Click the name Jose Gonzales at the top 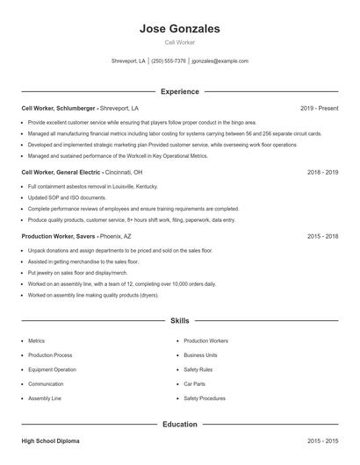point(180,29)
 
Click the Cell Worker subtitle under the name point(180,42)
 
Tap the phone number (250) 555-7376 point(169,61)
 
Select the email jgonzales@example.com point(220,61)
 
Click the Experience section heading point(180,91)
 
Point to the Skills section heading point(180,321)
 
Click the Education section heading point(180,425)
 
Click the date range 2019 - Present point(319,109)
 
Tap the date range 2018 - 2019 point(322,173)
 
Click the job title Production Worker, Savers point(58,237)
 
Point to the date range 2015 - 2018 point(322,237)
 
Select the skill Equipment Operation point(52,369)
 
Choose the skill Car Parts point(196,383)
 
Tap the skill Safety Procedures point(205,398)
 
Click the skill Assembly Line point(45,398)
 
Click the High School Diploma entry point(52,441)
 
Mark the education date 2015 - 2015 point(322,441)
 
